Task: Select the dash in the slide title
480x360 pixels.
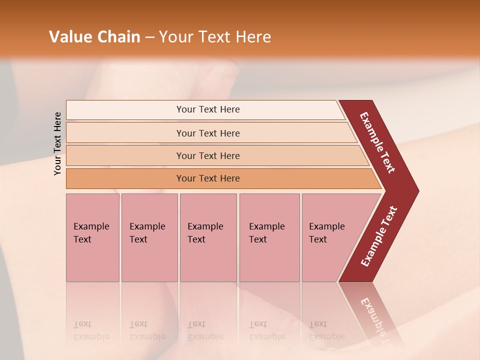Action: [149, 37]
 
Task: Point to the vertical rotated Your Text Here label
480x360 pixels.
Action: [58, 144]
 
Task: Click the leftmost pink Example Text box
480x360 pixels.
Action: [92, 237]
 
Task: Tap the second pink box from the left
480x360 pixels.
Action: [149, 237]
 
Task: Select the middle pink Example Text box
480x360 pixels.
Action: [208, 237]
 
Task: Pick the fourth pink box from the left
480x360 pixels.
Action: [269, 237]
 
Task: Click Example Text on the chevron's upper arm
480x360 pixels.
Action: [377, 142]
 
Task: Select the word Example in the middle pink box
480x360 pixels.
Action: [205, 226]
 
